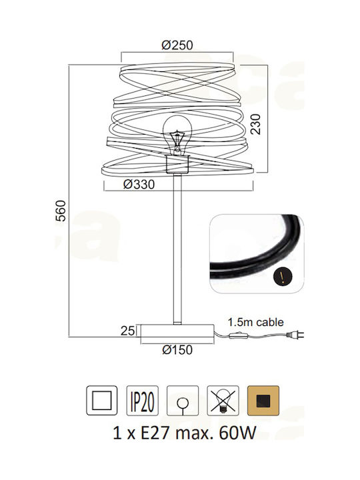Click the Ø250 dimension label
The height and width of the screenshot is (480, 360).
pos(177,45)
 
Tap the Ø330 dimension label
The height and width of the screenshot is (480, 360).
pos(139,184)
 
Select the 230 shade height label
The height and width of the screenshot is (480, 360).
pos(255,124)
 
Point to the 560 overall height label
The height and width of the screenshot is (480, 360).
pos(61,211)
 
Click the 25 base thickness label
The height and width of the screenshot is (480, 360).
pos(127,331)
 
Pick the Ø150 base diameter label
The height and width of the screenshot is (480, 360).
pos(177,349)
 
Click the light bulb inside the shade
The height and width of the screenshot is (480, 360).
pos(177,135)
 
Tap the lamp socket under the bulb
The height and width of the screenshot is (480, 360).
pos(177,165)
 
